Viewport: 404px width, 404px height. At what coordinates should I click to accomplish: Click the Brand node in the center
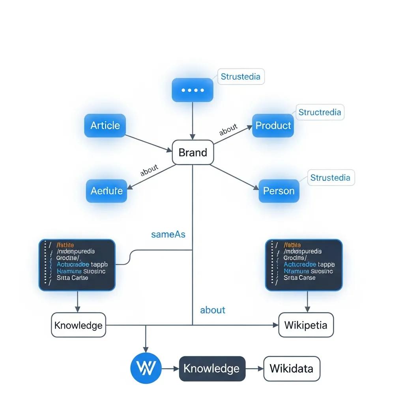pos(193,152)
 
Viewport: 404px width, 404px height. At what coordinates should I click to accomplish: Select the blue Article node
pos(105,125)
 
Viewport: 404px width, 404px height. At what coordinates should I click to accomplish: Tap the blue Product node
pos(273,125)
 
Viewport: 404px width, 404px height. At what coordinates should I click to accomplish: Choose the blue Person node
pos(279,191)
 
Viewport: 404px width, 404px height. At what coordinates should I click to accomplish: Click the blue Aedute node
pos(107,191)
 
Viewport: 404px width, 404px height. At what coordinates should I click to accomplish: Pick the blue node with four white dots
pos(193,90)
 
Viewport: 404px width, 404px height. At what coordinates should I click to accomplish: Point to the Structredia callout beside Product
pos(320,112)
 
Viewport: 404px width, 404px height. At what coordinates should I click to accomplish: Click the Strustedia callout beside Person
pos(330,178)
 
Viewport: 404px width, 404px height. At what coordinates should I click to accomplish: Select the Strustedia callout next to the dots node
pos(241,77)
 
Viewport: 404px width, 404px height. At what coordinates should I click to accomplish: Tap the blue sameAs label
pos(168,234)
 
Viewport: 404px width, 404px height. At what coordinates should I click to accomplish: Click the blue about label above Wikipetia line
pos(213,310)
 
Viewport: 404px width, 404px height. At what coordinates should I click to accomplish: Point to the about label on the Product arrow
pos(228,129)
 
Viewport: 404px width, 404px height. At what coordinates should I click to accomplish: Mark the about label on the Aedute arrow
pos(149,170)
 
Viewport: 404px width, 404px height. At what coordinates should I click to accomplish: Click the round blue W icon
pos(146,368)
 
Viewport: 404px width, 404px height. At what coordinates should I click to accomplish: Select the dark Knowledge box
pos(212,368)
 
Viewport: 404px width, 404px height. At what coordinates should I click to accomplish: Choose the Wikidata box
pos(292,368)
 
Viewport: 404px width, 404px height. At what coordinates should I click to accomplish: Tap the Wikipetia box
pos(306,325)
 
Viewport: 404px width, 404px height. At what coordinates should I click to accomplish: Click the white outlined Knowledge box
pos(79,325)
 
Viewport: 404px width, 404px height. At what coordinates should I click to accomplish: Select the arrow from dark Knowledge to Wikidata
pos(254,368)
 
